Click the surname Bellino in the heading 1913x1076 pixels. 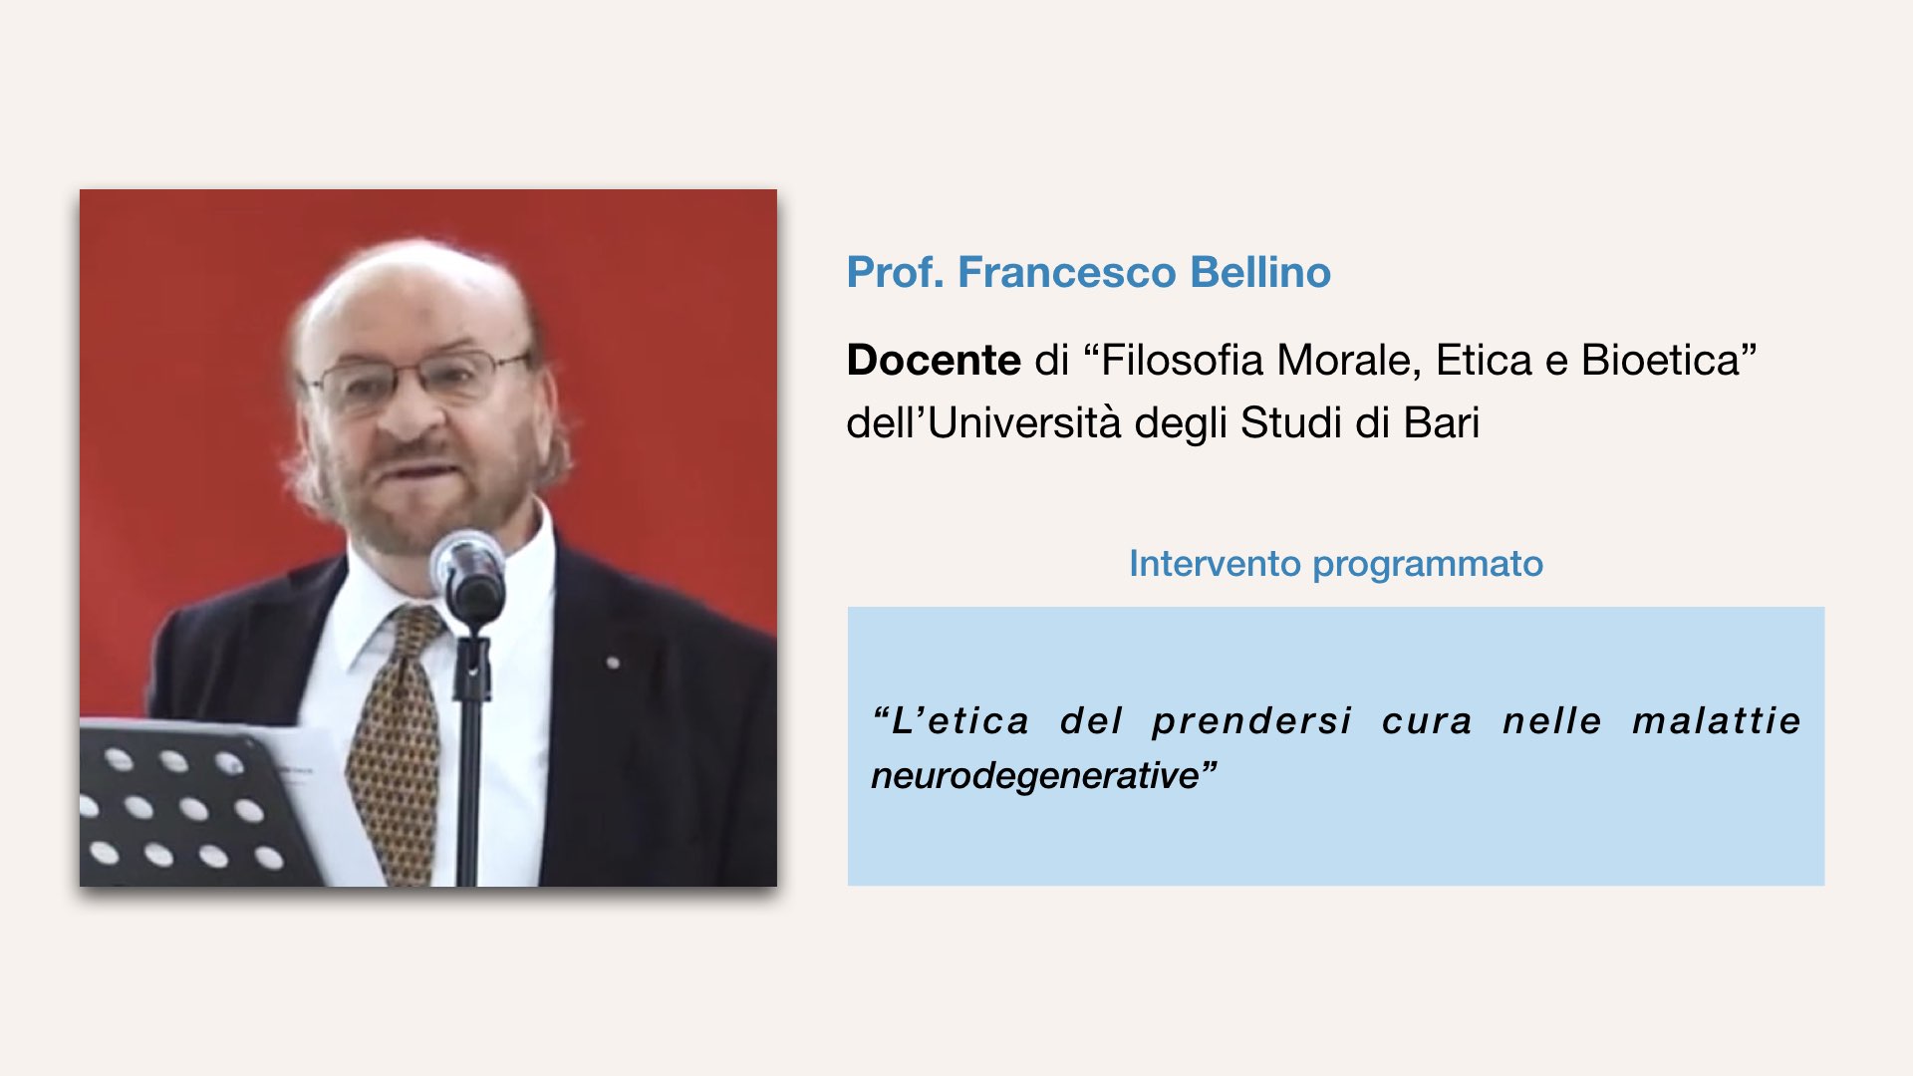(x=1260, y=272)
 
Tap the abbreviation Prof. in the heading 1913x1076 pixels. (x=896, y=272)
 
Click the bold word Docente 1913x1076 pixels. (x=934, y=360)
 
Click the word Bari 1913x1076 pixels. (x=1442, y=422)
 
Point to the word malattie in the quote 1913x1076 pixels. (x=1717, y=720)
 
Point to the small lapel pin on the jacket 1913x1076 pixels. (x=614, y=662)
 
